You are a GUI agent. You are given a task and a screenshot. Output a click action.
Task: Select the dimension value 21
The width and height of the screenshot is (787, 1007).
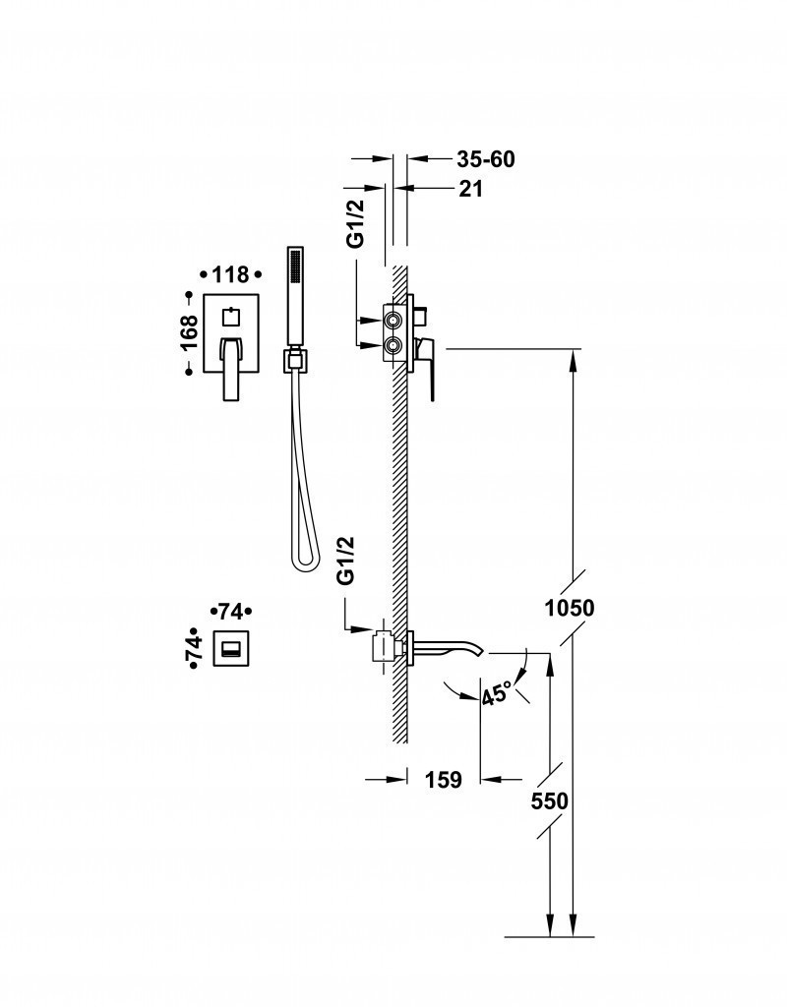[471, 189]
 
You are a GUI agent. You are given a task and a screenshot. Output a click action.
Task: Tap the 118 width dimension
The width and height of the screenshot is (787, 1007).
[230, 275]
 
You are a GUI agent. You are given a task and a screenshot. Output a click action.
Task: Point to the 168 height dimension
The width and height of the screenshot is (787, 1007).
[190, 332]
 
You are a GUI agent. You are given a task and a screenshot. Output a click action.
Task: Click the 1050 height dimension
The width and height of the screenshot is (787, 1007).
[570, 608]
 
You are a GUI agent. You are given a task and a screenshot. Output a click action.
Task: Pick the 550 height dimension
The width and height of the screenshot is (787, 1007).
[549, 801]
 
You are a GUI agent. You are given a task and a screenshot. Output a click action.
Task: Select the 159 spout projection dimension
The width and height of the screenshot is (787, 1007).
[444, 780]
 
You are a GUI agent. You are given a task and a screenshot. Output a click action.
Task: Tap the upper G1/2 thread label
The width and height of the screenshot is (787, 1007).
[356, 224]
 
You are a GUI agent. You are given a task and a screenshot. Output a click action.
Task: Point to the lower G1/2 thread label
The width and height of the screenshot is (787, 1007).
[346, 562]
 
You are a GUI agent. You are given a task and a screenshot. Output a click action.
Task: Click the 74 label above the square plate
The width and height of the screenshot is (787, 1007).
[231, 611]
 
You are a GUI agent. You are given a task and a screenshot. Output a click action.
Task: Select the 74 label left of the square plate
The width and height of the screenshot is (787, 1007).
[194, 648]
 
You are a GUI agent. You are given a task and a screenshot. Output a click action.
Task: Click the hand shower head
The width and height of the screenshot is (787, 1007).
[293, 295]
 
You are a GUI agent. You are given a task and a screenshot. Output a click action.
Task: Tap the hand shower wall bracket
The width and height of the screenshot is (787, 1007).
[293, 361]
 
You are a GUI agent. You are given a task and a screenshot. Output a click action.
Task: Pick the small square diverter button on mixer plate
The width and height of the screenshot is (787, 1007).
[231, 317]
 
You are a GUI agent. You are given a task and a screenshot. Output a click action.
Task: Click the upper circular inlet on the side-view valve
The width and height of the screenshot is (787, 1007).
[393, 321]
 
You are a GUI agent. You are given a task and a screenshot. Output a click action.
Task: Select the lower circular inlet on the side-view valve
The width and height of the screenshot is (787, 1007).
[393, 344]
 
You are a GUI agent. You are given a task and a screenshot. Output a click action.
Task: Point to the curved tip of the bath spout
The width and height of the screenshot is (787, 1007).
[478, 650]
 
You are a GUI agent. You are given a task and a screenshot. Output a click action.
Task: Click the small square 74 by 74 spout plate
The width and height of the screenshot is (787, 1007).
[231, 648]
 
